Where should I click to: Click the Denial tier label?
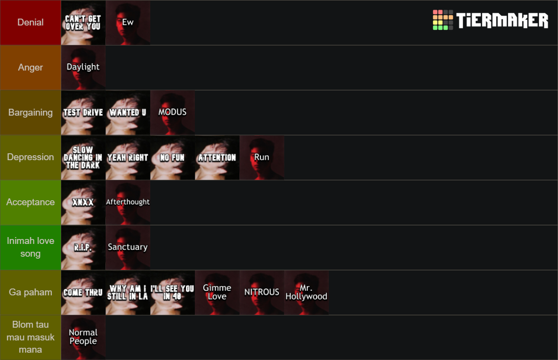pyautogui.click(x=30, y=23)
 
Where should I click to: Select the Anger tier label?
pyautogui.click(x=30, y=67)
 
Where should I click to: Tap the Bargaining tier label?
pyautogui.click(x=30, y=113)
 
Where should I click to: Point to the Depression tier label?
pyautogui.click(x=30, y=157)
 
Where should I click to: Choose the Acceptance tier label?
pyautogui.click(x=30, y=202)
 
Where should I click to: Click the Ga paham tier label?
pyautogui.click(x=30, y=292)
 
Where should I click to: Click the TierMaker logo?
pyautogui.click(x=490, y=20)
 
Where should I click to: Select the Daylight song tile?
pyautogui.click(x=83, y=67)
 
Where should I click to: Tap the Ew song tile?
pyautogui.click(x=128, y=23)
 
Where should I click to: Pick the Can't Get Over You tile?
pyautogui.click(x=83, y=23)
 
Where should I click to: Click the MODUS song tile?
pyautogui.click(x=173, y=113)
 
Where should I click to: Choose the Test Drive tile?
pyautogui.click(x=83, y=113)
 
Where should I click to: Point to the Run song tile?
pyautogui.click(x=262, y=157)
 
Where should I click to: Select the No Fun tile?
pyautogui.click(x=173, y=157)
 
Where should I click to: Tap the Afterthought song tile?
pyautogui.click(x=128, y=202)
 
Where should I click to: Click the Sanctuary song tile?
pyautogui.click(x=128, y=247)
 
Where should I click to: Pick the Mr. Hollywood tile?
pyautogui.click(x=306, y=292)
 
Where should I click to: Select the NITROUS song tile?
pyautogui.click(x=262, y=292)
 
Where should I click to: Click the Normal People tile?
pyautogui.click(x=83, y=337)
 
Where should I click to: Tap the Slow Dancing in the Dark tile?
pyautogui.click(x=83, y=157)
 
